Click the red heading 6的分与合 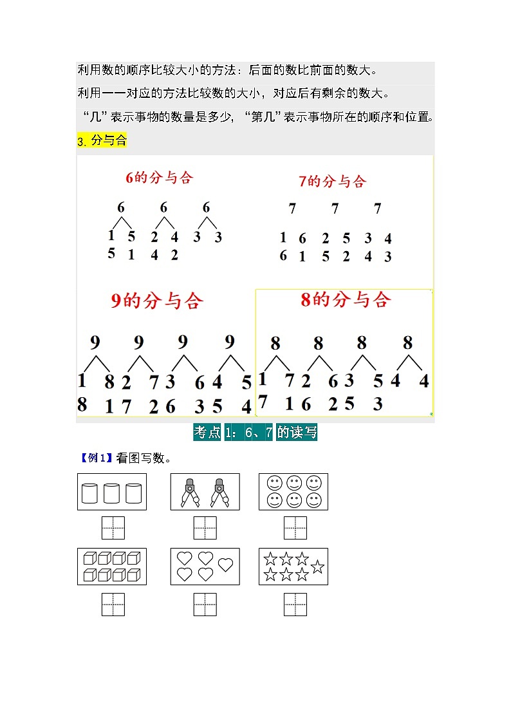click(x=160, y=178)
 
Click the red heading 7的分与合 click(x=332, y=181)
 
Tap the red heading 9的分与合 click(x=156, y=301)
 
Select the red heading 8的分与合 click(x=346, y=299)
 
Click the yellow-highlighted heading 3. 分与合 click(x=102, y=140)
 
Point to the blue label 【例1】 click(x=97, y=458)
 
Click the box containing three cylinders click(x=112, y=491)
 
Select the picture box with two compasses click(x=205, y=491)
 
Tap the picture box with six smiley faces click(x=293, y=491)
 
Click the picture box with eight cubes click(x=112, y=567)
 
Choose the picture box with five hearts click(x=205, y=567)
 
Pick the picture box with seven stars click(x=293, y=567)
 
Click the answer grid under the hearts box click(x=205, y=605)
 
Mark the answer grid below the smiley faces click(x=295, y=528)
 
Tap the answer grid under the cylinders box click(x=113, y=528)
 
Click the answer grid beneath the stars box click(x=295, y=605)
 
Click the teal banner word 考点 click(x=207, y=432)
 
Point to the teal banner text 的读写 click(x=297, y=432)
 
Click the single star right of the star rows click(x=317, y=567)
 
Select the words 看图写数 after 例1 click(x=140, y=458)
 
